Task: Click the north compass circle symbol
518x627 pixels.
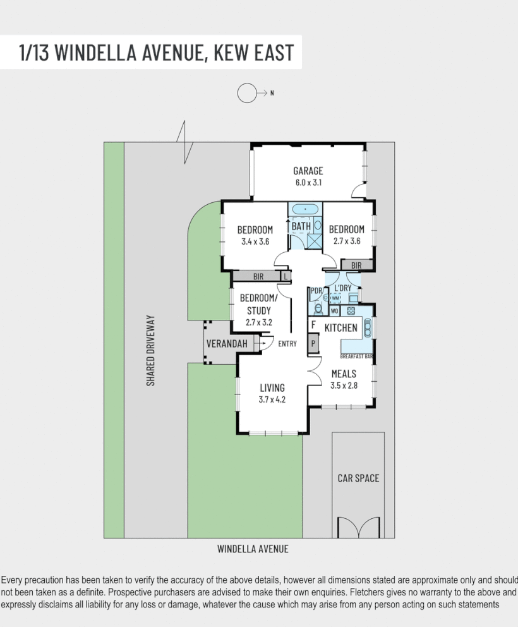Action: [245, 94]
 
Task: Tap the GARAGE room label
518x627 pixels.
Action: [308, 171]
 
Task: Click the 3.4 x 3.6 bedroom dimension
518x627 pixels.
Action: [255, 241]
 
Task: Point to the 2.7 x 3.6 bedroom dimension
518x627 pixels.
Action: [346, 241]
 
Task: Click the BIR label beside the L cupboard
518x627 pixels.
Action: [258, 276]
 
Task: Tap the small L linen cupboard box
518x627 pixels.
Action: [286, 276]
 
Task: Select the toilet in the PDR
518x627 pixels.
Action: [318, 309]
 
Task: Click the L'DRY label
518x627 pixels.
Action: [342, 288]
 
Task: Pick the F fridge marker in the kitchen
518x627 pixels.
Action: [313, 325]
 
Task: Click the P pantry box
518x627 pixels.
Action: [313, 344]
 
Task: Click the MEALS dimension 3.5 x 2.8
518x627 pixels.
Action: [344, 385]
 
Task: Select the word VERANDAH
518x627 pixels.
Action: [227, 344]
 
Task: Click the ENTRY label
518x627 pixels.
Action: [287, 344]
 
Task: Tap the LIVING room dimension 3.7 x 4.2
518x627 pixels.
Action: [272, 399]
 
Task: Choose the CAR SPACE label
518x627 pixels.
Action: [358, 478]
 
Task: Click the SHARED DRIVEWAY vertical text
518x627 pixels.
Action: [150, 350]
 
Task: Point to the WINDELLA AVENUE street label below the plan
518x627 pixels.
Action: [253, 549]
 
